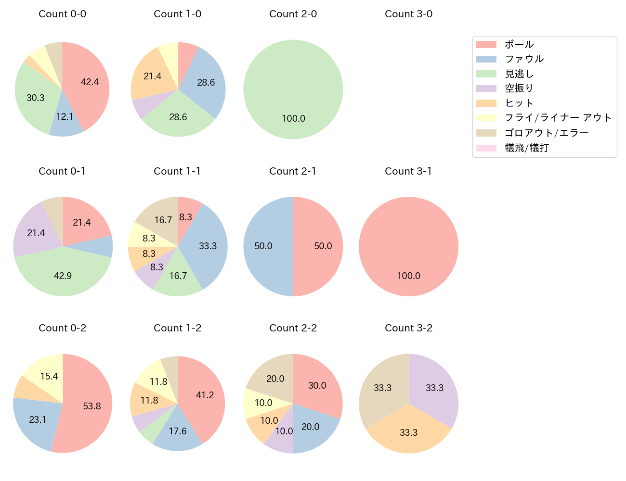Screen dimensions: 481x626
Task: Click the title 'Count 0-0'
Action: coord(63,14)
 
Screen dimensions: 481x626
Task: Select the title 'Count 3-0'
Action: coord(408,14)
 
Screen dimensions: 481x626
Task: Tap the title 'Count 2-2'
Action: coord(293,328)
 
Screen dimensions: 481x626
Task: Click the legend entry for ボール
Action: coord(519,44)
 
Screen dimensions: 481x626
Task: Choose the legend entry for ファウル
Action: coord(524,59)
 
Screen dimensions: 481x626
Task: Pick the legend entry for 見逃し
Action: coord(519,74)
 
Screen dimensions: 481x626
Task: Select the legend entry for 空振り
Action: coord(519,88)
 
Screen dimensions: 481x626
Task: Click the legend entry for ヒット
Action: coord(519,103)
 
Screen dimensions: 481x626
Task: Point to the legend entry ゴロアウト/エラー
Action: coord(547,133)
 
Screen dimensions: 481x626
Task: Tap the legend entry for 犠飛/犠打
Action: coord(526,148)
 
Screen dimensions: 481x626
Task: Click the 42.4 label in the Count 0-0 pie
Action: coord(90,82)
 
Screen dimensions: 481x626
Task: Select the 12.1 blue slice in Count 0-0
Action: coord(65,117)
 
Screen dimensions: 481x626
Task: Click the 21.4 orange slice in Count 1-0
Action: coord(153,76)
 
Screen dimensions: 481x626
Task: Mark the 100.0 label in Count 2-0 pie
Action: coord(293,118)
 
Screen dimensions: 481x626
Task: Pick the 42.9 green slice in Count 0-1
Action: coord(63,276)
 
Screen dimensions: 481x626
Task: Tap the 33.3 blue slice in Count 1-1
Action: coord(208,246)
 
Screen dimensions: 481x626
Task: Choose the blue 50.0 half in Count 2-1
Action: coord(263,246)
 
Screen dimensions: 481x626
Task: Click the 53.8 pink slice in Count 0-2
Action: coord(91,406)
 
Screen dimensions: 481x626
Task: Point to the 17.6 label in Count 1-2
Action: coord(177,431)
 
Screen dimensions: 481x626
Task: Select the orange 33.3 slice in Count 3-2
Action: coord(408,432)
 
